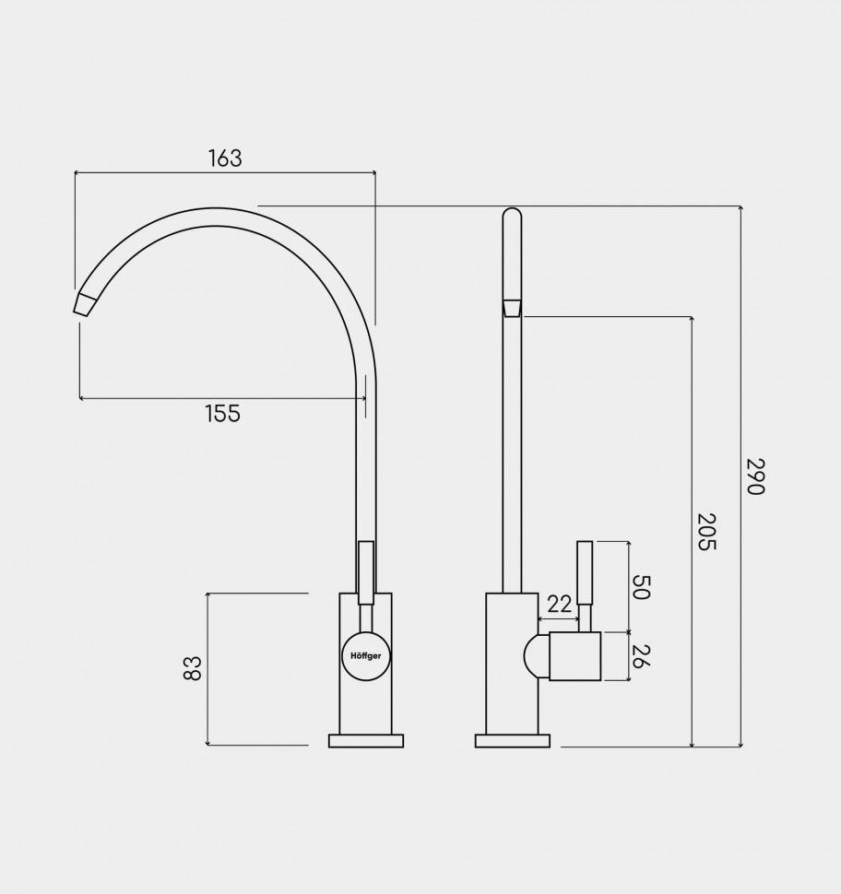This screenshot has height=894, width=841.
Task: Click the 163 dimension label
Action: (x=225, y=159)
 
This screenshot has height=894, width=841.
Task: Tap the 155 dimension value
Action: (x=222, y=414)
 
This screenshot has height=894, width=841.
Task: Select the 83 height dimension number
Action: (x=193, y=668)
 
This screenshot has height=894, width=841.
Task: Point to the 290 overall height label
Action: (x=754, y=476)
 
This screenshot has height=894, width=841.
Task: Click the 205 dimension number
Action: (x=706, y=532)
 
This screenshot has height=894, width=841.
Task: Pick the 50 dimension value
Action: (x=641, y=587)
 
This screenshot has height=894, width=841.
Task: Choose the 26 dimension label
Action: (x=641, y=656)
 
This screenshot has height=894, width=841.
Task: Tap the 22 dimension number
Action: (x=559, y=605)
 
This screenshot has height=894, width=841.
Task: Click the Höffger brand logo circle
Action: (x=366, y=655)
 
